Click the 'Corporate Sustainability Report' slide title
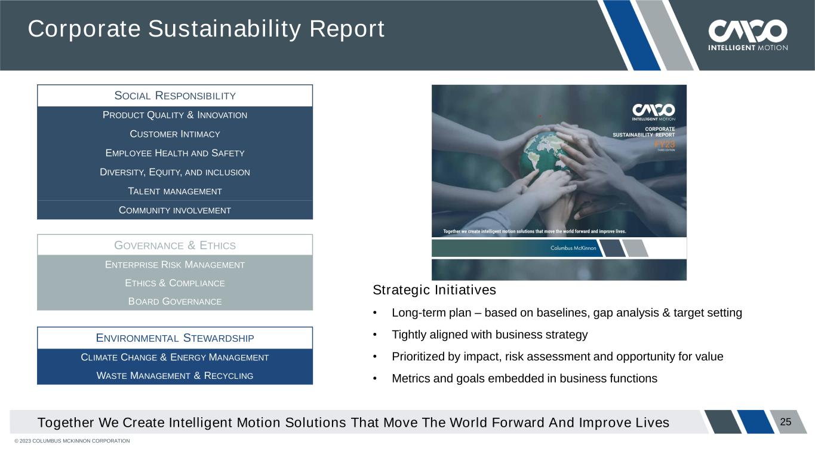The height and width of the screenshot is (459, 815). (x=206, y=29)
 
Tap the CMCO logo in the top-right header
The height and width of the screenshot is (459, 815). (x=748, y=35)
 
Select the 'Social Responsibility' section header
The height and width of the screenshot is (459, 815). (x=175, y=96)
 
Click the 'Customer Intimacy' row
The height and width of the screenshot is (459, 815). (x=175, y=134)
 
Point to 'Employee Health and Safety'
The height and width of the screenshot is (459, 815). (x=175, y=153)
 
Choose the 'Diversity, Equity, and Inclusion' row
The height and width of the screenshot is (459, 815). (x=175, y=172)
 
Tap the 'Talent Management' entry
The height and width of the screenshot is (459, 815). (x=175, y=191)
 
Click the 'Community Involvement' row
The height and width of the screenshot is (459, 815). (x=175, y=210)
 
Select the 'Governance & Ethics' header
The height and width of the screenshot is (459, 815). (x=175, y=245)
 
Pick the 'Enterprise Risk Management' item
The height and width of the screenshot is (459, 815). (x=175, y=265)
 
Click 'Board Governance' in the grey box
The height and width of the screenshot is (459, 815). (x=175, y=301)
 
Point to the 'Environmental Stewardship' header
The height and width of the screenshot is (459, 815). (x=175, y=338)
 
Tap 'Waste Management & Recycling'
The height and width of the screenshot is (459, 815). (x=175, y=375)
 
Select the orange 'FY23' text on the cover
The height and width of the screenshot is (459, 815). (x=665, y=145)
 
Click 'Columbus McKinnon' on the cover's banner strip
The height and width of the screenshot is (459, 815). (x=573, y=248)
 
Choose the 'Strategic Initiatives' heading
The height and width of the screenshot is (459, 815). (x=435, y=290)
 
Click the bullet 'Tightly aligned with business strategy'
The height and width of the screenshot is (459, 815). (x=490, y=335)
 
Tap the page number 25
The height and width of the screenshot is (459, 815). (x=786, y=422)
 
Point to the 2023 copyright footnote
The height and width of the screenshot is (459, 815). (x=72, y=441)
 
